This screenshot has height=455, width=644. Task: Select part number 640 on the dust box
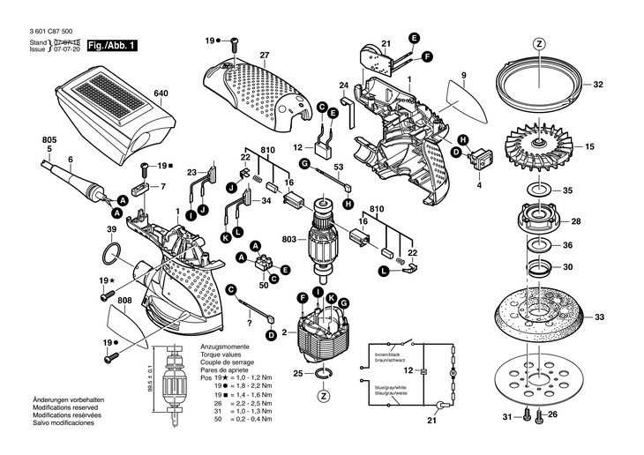pyautogui.click(x=161, y=93)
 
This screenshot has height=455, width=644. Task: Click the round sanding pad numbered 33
pyautogui.click(x=540, y=317)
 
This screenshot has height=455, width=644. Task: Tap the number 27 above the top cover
pyautogui.click(x=263, y=56)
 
